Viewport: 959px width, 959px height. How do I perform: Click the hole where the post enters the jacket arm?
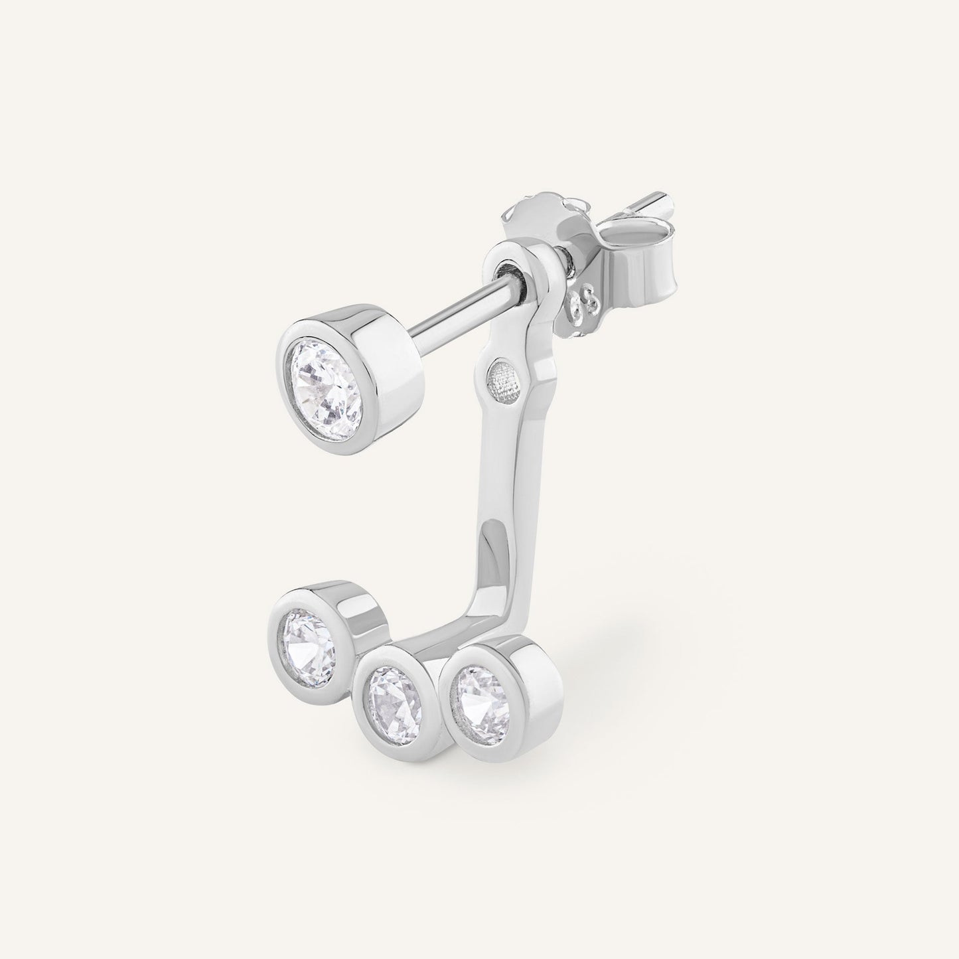coord(509,271)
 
